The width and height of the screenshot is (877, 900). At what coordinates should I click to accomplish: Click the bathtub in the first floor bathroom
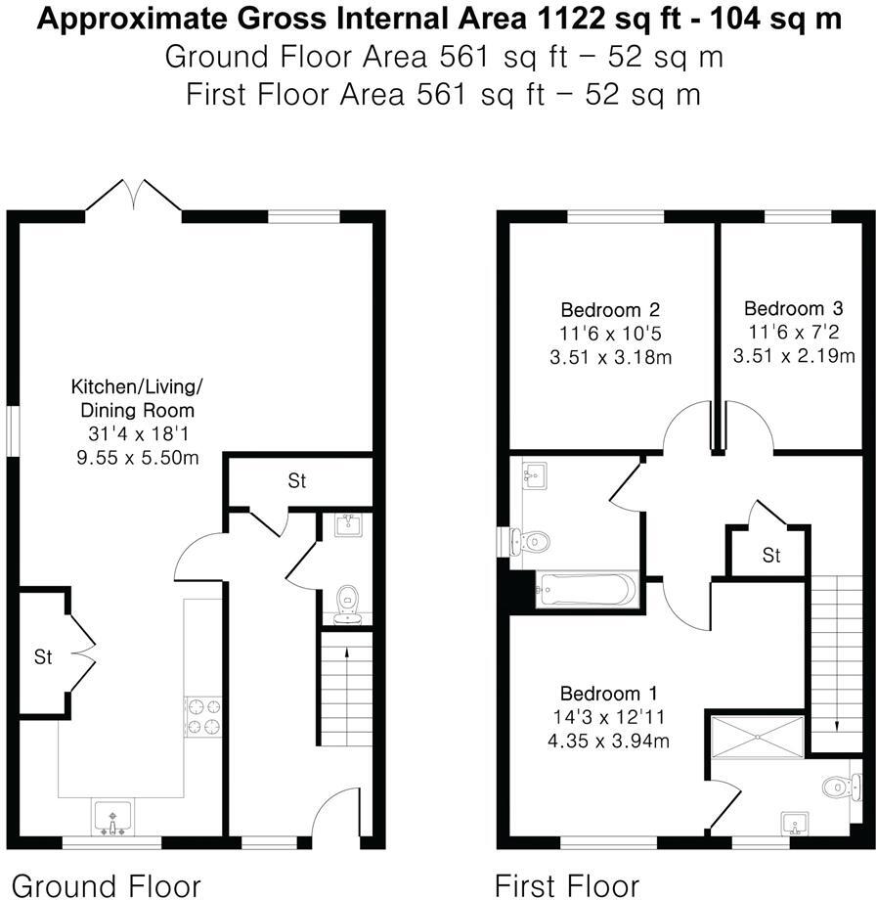click(587, 590)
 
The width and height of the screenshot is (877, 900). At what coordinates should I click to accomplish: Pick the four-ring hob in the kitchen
click(202, 715)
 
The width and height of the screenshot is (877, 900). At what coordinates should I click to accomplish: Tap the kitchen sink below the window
click(114, 817)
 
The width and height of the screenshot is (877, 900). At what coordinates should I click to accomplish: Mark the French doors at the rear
click(133, 196)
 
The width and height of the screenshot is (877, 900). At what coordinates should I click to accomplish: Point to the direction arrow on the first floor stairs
click(838, 726)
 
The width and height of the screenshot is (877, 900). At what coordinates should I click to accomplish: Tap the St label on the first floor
click(771, 556)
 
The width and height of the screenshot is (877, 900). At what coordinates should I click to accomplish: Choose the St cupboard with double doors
click(43, 656)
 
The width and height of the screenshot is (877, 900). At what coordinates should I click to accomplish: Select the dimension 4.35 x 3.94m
click(608, 741)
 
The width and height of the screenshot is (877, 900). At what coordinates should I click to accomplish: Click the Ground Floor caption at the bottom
click(106, 885)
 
